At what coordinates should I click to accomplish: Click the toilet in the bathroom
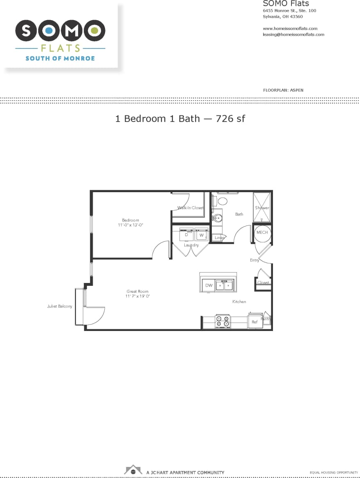click(222, 201)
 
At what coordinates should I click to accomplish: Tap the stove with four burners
click(223, 321)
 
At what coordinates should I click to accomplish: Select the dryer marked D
click(186, 235)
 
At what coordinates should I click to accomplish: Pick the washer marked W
click(202, 235)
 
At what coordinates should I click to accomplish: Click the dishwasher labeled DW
click(209, 285)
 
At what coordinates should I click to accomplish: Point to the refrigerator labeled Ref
click(255, 322)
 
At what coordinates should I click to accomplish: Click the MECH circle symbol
click(262, 232)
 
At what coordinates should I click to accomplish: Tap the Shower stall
click(262, 207)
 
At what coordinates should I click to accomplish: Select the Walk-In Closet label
click(190, 208)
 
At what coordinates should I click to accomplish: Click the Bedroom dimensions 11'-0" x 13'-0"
click(131, 225)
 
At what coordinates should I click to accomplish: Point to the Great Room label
click(138, 291)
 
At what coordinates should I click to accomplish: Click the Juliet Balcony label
click(60, 306)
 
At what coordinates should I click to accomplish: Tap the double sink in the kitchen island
click(225, 285)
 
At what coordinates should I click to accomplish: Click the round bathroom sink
click(218, 218)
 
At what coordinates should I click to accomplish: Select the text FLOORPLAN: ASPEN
click(283, 90)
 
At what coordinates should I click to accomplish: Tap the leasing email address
click(294, 34)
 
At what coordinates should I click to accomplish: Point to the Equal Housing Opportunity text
click(331, 473)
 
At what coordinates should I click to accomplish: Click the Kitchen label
click(239, 302)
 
